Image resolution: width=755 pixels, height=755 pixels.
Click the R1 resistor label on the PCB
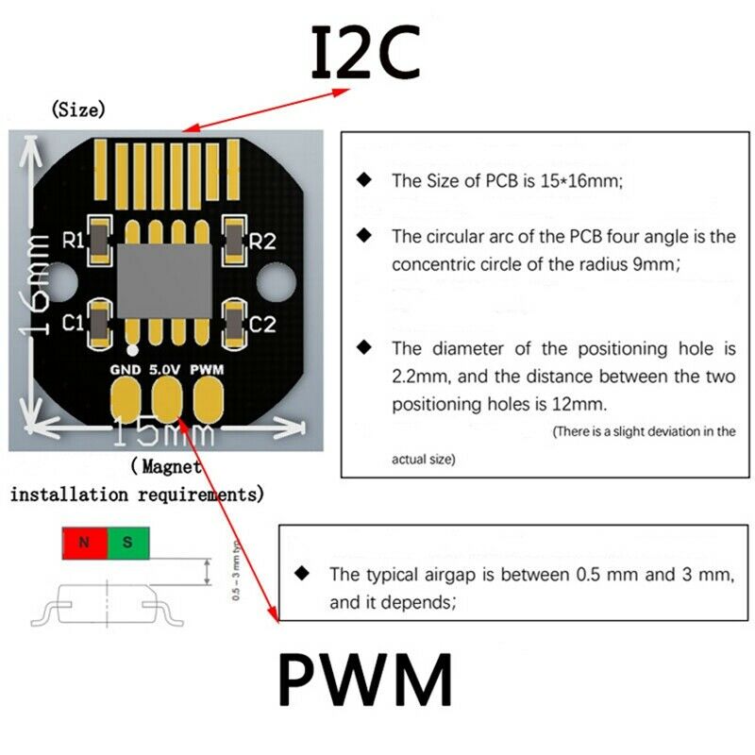click(x=73, y=241)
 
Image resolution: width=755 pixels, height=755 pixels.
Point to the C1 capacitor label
click(x=73, y=324)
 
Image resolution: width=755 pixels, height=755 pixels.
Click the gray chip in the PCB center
click(x=165, y=280)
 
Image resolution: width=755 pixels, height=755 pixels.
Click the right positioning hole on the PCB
click(x=276, y=280)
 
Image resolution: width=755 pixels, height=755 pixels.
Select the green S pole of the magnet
click(x=128, y=543)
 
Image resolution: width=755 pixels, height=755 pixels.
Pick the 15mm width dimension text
click(x=164, y=435)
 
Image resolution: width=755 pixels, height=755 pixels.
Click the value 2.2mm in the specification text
click(x=418, y=377)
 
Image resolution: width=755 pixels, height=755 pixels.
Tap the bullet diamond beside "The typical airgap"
click(x=303, y=573)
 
